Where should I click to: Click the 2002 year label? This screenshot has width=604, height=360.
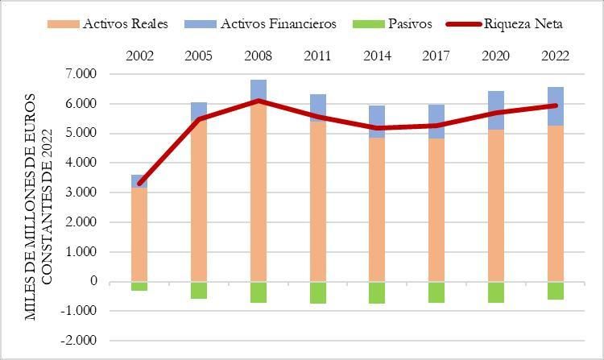click(x=139, y=56)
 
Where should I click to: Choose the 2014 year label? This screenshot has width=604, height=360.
click(x=377, y=56)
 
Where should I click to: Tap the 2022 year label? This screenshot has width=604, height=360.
click(x=556, y=56)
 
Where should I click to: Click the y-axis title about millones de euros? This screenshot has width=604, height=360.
click(x=39, y=208)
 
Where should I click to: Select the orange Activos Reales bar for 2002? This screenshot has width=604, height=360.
click(x=139, y=234)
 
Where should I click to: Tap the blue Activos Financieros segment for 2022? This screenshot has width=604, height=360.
click(x=556, y=106)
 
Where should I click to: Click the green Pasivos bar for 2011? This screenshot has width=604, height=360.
click(x=317, y=292)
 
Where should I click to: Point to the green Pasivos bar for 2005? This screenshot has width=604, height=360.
click(x=199, y=290)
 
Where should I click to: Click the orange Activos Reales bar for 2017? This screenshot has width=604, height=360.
click(x=436, y=209)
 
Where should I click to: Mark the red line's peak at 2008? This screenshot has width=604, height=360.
click(x=259, y=101)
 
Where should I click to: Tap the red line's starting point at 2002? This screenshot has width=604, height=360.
click(x=139, y=184)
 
